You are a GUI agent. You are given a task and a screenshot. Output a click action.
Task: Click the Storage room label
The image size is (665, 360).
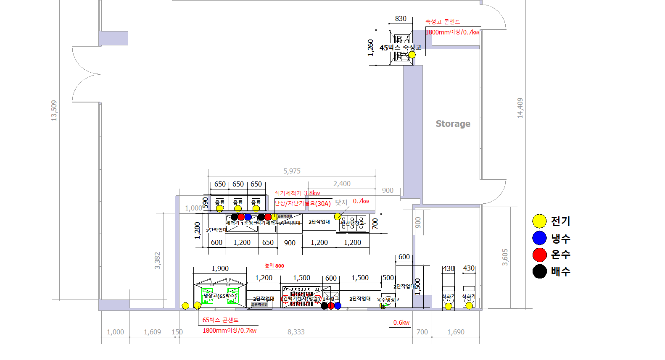coord(453,124)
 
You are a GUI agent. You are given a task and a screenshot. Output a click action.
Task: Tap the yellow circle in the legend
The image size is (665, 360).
coord(539,221)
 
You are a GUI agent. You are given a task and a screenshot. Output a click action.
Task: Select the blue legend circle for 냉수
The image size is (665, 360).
coord(539,238)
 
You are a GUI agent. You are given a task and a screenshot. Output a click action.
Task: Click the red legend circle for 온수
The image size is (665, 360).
coord(539,255)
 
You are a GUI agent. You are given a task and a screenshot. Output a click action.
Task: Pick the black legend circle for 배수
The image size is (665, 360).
coord(539,271)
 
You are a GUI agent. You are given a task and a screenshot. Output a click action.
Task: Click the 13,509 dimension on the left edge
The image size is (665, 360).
coord(54,110)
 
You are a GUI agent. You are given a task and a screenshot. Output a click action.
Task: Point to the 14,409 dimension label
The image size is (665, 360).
coord(520,108)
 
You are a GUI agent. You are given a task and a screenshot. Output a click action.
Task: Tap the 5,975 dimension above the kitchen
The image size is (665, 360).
coord(292,171)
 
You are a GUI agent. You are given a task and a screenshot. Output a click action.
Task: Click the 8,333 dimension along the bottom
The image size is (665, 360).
coord(296,332)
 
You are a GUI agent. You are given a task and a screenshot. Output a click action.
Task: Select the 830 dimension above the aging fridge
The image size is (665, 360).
coord(401,18)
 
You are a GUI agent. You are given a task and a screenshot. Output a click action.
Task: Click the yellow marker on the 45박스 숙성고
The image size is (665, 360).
coord(412,54)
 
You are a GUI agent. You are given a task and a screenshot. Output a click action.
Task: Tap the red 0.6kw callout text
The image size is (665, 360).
coord(401,323)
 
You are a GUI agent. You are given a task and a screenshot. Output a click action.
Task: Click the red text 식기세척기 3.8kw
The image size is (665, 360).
coord(297,193)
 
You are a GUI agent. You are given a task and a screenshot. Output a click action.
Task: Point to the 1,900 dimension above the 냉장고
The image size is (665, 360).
coord(220,268)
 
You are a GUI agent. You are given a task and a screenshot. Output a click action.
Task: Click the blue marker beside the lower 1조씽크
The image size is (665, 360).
coord(338,305)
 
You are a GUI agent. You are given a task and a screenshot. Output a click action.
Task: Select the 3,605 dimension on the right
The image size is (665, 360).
coord(505,257)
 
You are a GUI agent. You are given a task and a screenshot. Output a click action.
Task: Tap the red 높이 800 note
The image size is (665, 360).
coord(274,265)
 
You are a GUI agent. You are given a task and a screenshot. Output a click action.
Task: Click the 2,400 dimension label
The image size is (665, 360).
coord(342,184)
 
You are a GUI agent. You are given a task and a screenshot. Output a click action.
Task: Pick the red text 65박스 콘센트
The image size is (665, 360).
coord(220,320)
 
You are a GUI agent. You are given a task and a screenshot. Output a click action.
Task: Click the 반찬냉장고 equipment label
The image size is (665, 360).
coord(352,223)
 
